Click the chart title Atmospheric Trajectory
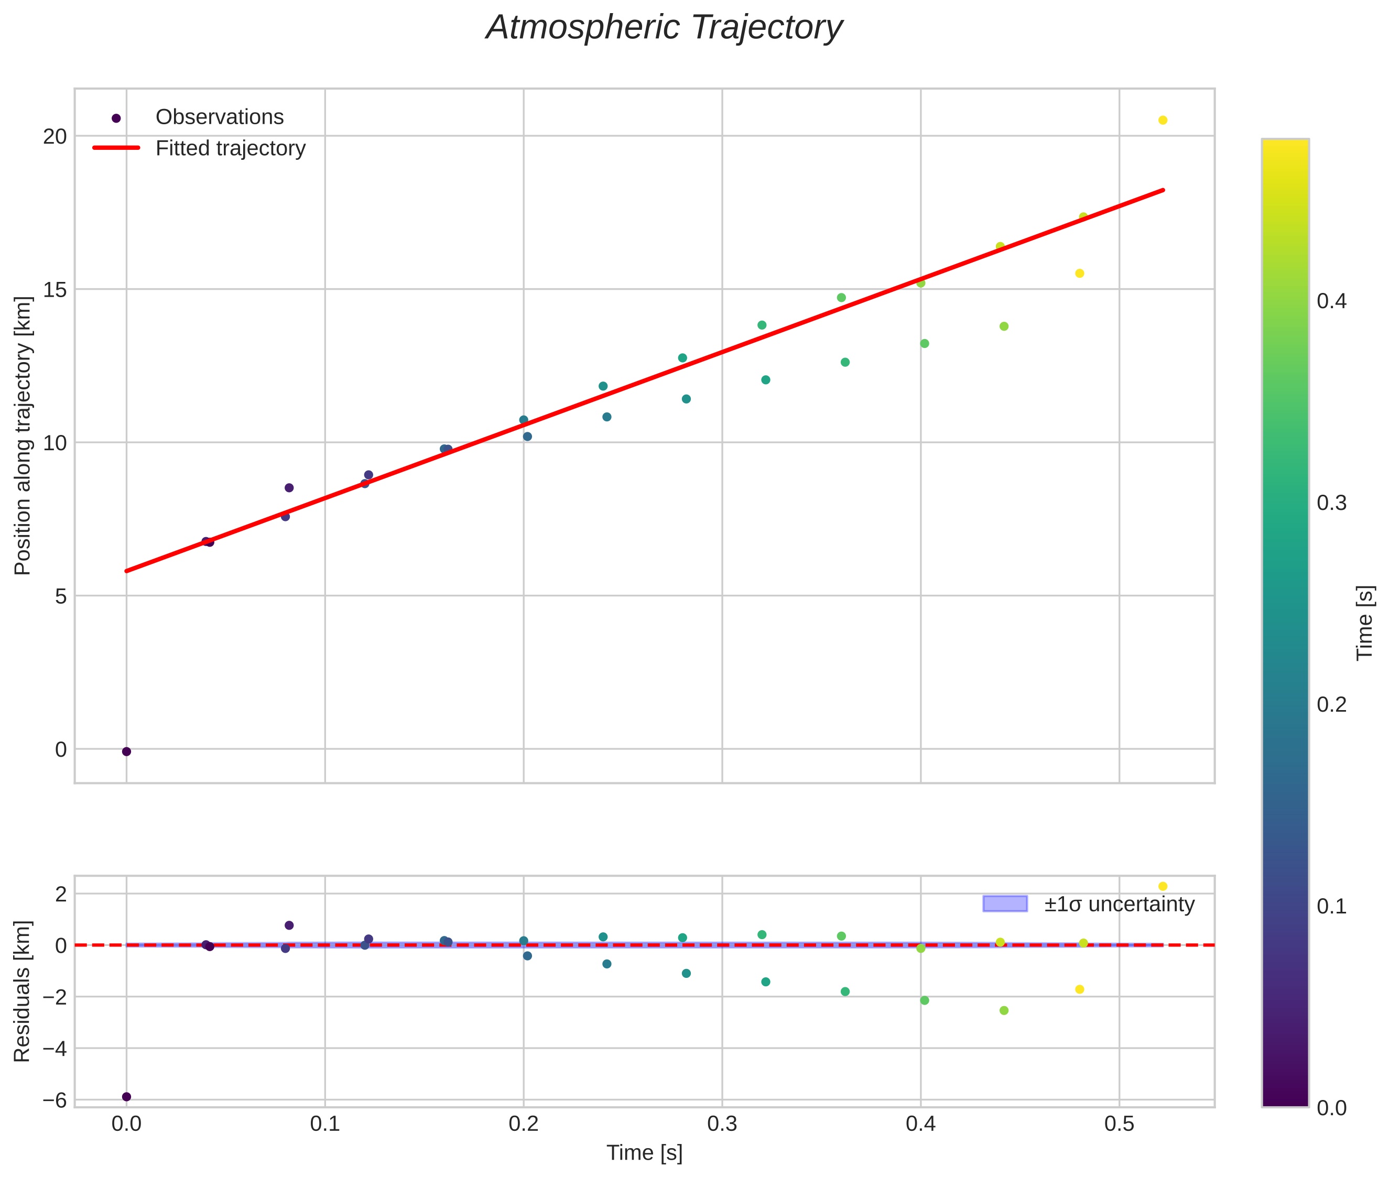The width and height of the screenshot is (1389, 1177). (664, 28)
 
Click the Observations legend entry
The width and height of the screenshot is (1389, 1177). (220, 117)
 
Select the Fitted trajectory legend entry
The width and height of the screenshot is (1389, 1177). (230, 148)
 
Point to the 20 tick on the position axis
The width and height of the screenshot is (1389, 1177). (56, 137)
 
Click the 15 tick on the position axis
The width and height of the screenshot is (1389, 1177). (56, 290)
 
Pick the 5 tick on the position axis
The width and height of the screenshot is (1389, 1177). (61, 596)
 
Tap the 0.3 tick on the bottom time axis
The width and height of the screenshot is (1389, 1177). (722, 1125)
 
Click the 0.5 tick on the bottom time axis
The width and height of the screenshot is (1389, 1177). (1119, 1125)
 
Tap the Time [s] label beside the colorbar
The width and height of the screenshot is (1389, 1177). (1364, 623)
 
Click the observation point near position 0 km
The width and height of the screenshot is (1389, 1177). (126, 752)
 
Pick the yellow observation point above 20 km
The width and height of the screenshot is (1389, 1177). (1162, 120)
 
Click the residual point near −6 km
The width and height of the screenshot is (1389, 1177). (126, 1097)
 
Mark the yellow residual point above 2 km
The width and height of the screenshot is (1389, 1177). (1162, 887)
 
